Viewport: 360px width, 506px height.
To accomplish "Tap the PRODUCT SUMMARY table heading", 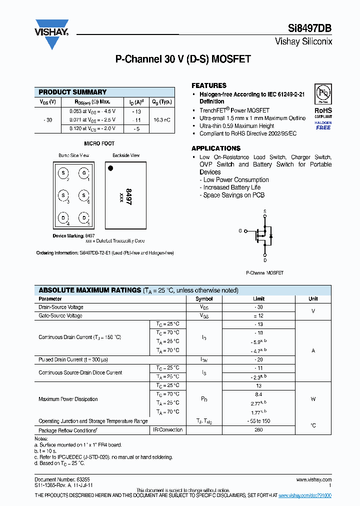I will [72, 92].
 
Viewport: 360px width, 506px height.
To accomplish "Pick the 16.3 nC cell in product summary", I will [161, 120].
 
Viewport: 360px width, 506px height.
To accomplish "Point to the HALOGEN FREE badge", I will [323, 125].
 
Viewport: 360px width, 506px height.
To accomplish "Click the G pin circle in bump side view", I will [84, 173].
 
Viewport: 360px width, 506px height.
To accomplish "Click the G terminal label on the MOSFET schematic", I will [240, 231].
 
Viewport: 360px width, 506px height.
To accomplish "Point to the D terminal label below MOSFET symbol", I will [265, 260].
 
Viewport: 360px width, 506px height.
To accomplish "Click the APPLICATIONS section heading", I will [216, 148].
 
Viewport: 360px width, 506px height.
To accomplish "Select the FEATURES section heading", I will [209, 85].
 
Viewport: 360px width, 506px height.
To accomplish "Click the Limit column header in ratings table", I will [258, 299].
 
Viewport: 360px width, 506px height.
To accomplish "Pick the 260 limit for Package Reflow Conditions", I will [258, 430].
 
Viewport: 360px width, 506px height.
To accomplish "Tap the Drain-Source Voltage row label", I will [61, 307].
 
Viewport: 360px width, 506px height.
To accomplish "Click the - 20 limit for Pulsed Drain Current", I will [258, 360].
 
